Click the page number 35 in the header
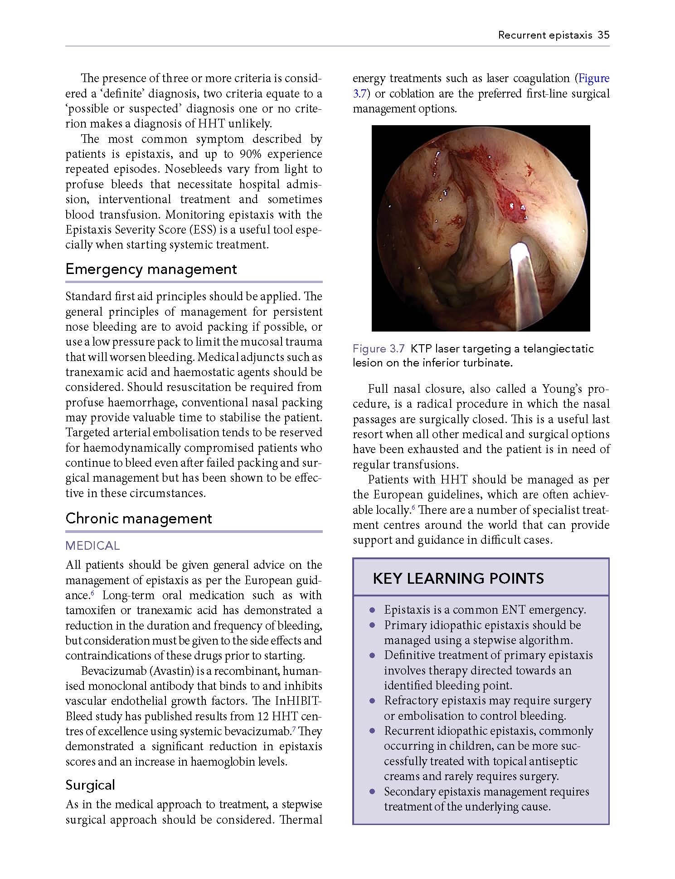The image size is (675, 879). tap(603, 35)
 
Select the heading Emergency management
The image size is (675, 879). tap(151, 269)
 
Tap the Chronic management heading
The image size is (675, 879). tap(138, 518)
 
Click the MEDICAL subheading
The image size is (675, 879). tap(92, 546)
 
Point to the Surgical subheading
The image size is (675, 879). tap(90, 785)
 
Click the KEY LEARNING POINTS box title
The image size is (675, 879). tap(458, 578)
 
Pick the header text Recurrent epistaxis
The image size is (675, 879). tap(545, 35)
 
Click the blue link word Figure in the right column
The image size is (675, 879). tap(594, 78)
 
